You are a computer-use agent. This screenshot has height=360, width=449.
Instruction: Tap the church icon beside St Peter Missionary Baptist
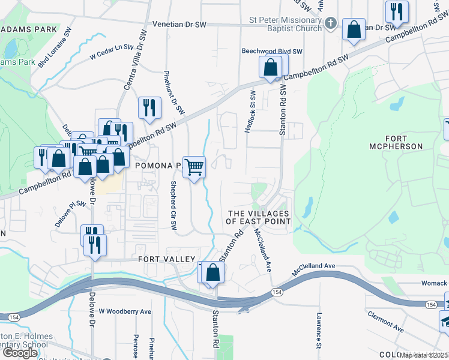330,23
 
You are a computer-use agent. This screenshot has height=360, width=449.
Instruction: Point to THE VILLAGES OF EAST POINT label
258,217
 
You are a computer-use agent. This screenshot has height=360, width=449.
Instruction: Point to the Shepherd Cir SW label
173,205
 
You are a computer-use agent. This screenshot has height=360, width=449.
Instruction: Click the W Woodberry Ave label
125,311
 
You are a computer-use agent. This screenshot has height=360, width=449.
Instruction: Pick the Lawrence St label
319,330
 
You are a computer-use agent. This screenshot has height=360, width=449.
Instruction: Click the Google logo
20,353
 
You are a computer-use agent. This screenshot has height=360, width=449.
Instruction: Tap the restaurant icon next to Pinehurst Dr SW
148,108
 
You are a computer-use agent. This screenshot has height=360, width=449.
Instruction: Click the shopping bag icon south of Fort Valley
212,272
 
